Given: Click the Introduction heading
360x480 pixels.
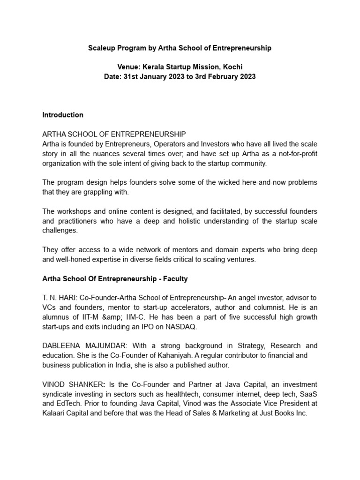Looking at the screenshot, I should (63, 115).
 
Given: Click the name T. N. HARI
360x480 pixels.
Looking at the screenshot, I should (59, 298).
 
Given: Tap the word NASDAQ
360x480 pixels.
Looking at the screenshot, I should (183, 326).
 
